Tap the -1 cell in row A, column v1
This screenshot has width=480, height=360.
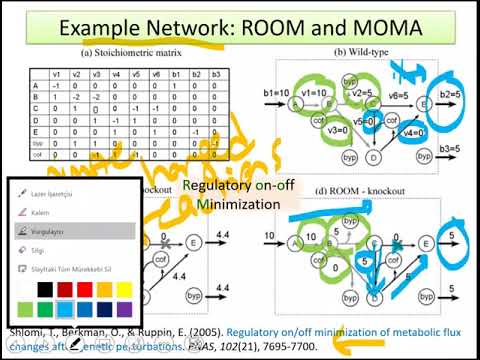point(56,84)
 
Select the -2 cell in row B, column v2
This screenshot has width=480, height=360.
point(77,96)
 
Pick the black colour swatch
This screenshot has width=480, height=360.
point(39,289)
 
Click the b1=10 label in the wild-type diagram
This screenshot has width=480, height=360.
point(276,92)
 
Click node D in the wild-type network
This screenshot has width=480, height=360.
point(372,156)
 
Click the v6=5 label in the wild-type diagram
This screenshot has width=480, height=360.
point(398,94)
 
